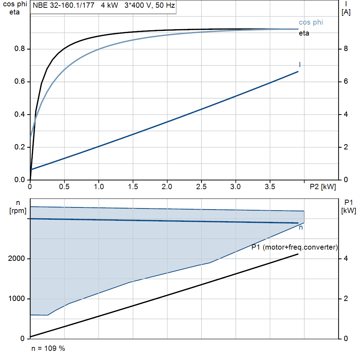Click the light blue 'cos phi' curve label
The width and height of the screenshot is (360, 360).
(311, 22)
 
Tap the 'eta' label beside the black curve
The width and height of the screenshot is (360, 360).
(304, 33)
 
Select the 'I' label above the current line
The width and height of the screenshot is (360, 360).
(300, 65)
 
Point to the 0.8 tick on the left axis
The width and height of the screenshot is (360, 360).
(19, 49)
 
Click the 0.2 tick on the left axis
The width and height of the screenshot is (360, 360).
(19, 147)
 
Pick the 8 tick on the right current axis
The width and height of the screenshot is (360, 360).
(346, 49)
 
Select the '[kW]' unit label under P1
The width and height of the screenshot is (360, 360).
(348, 211)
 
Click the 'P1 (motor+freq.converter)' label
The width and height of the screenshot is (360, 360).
(295, 247)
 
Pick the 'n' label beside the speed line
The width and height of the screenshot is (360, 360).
(301, 228)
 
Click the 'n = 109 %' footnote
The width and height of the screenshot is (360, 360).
(48, 348)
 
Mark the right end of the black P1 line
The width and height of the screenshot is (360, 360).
(298, 254)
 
